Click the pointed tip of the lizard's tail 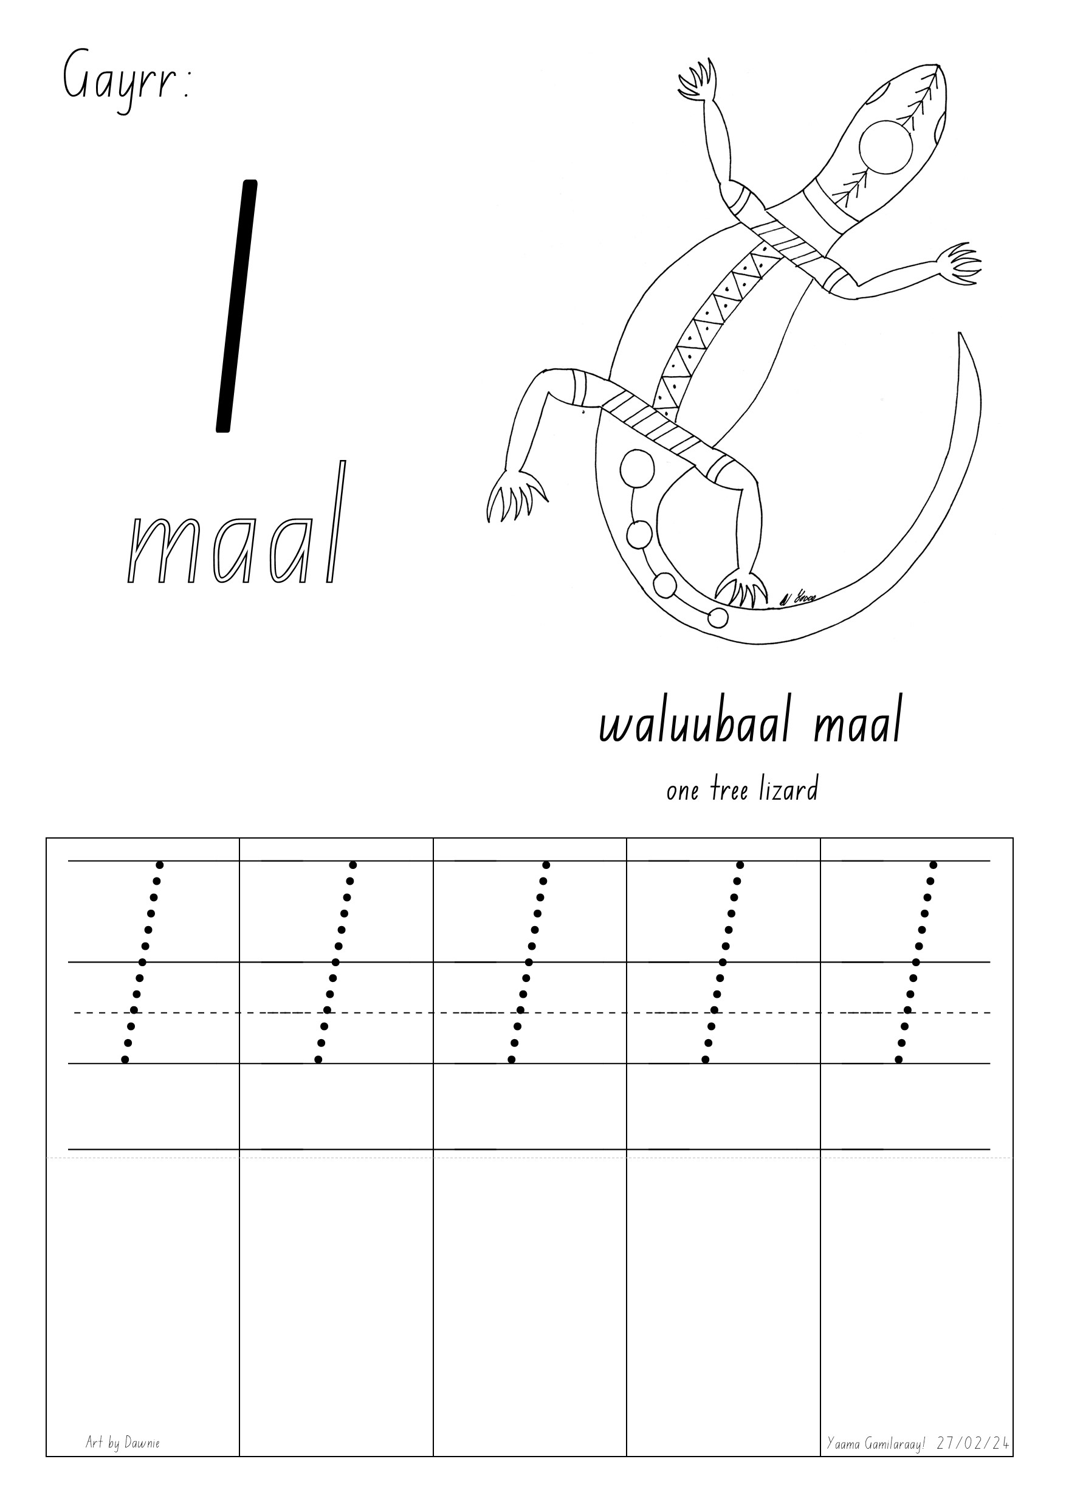(960, 336)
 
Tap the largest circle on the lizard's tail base (637, 469)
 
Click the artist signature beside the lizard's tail (800, 598)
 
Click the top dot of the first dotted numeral (159, 865)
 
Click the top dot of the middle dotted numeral (546, 865)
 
